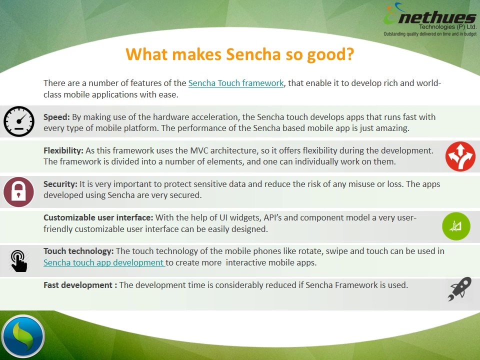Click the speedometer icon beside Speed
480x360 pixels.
pyautogui.click(x=18, y=121)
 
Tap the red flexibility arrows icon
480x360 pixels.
pyautogui.click(x=460, y=156)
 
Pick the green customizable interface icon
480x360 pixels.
pyautogui.click(x=456, y=226)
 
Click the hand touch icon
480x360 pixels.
pyautogui.click(x=19, y=260)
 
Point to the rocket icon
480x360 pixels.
pyautogui.click(x=459, y=289)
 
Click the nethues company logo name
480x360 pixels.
pyautogui.click(x=435, y=18)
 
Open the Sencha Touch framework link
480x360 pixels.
pyautogui.click(x=236, y=83)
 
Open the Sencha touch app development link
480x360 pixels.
pyautogui.click(x=104, y=262)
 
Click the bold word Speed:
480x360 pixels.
pyautogui.click(x=56, y=117)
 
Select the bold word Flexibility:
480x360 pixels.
pyautogui.click(x=63, y=150)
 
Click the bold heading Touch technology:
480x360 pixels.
pyautogui.click(x=79, y=251)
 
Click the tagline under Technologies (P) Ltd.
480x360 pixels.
pyautogui.click(x=429, y=33)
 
